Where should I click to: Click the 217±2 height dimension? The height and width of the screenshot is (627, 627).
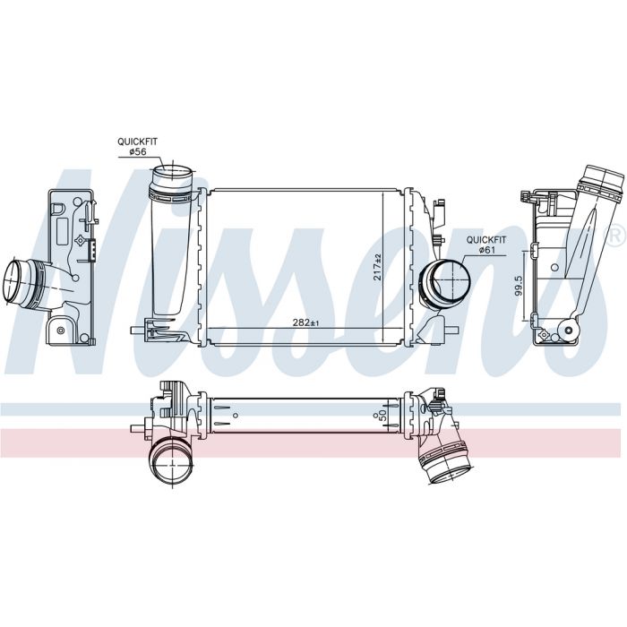point(377,267)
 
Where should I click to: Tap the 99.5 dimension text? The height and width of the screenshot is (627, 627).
point(519,286)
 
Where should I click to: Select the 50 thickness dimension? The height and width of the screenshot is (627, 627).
point(382,414)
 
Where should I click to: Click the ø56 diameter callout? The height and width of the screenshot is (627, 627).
point(137,151)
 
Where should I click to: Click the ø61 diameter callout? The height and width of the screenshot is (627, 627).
point(486,250)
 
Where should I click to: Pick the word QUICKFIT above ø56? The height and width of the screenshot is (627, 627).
point(137,142)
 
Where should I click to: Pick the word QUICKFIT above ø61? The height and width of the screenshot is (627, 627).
point(486,240)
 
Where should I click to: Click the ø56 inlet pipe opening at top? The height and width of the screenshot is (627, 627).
point(173,174)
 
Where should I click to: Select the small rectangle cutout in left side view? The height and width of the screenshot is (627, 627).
point(63,231)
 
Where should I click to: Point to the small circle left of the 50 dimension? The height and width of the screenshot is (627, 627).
point(375,416)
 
